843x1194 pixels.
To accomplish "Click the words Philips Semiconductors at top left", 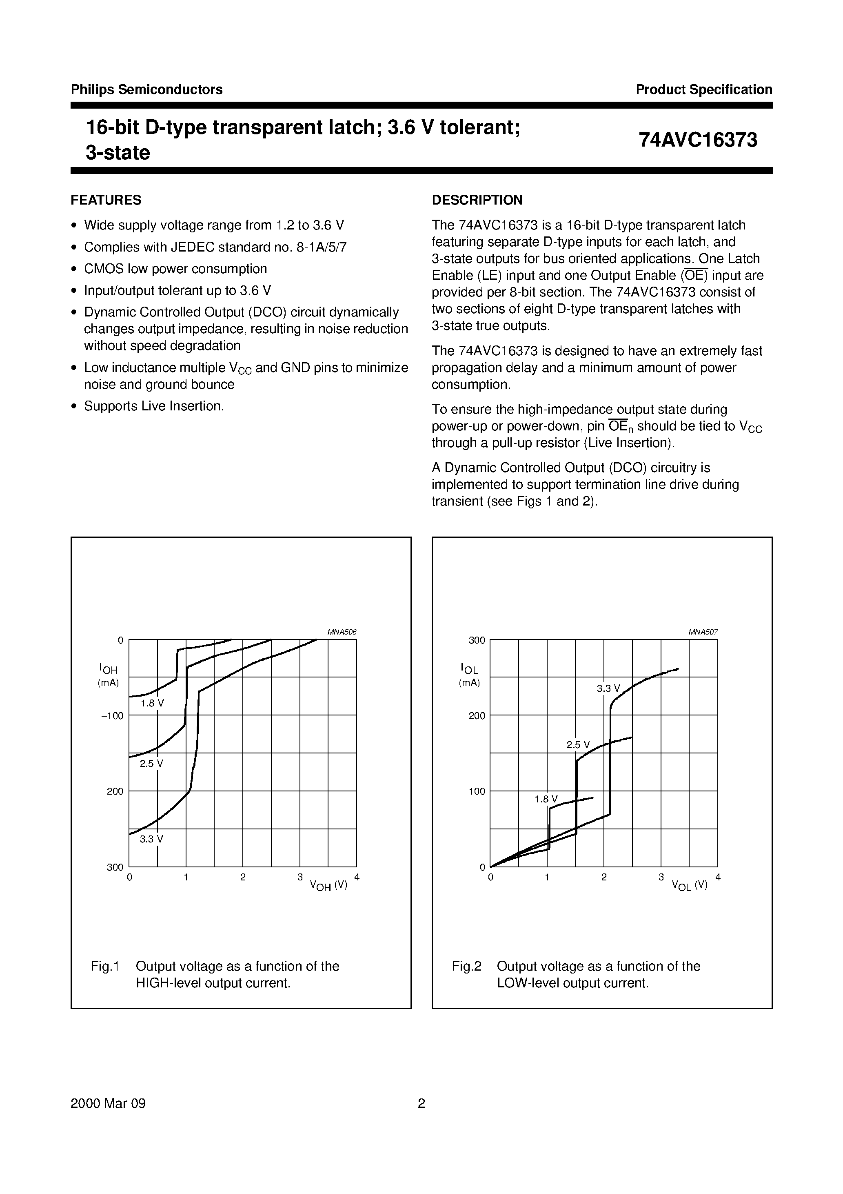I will coord(146,89).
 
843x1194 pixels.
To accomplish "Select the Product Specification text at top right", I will coord(704,89).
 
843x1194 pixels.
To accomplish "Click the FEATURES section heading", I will coord(106,200).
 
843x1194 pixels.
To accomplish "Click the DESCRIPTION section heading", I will coord(477,200).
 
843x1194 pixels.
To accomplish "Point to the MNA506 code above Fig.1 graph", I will coord(342,632).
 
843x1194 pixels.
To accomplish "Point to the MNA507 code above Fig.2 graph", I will coord(703,632).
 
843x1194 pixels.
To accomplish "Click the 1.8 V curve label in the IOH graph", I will coord(152,703).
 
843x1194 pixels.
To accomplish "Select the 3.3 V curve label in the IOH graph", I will coord(151,839).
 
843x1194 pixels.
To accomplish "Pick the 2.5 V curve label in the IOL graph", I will coord(578,745).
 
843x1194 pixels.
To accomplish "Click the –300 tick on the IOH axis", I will coord(112,867).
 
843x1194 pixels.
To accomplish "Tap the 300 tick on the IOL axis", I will coord(477,640).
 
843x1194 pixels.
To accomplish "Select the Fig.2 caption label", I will coord(467,966).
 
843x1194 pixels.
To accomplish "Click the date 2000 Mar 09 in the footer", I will coord(108,1103).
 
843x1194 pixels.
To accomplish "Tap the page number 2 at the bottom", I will coord(421,1103).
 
